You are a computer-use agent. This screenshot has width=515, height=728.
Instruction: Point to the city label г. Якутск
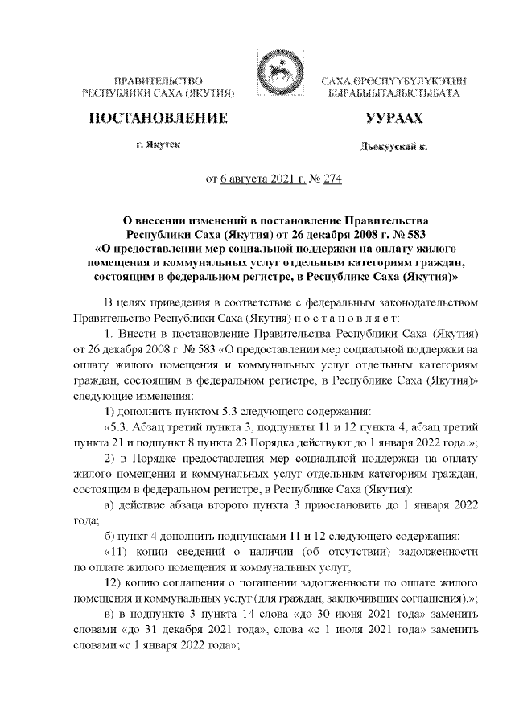pos(159,145)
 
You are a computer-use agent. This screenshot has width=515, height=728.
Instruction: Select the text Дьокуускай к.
pos(393,147)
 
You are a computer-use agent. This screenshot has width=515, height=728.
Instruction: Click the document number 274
pos(332,179)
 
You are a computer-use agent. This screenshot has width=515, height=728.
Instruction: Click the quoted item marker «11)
pos(121,552)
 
